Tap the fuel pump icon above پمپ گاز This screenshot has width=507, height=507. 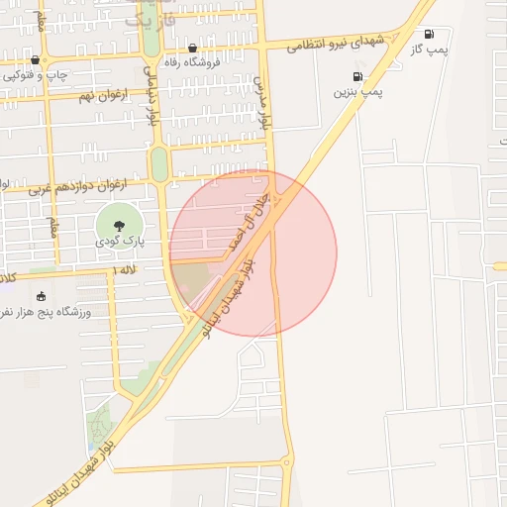(429, 34)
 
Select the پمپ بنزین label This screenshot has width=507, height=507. (357, 91)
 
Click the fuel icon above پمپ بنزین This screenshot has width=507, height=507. (357, 76)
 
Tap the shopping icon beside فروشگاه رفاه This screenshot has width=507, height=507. (192, 48)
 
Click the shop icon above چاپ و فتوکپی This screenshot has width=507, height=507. (35, 60)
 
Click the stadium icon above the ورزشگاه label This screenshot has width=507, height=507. (41, 296)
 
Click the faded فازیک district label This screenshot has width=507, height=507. (152, 17)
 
